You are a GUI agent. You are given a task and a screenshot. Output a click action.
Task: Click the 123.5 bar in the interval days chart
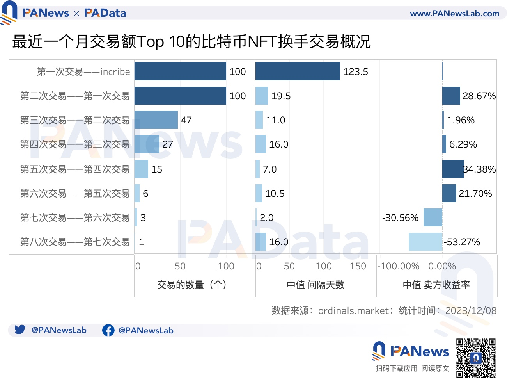pos(298,71)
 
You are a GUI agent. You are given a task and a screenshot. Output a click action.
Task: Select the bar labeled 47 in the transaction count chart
pos(156,120)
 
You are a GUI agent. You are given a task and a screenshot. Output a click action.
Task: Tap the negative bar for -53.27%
pos(425,242)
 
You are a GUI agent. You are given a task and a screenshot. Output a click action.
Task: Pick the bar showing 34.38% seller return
pos(453,169)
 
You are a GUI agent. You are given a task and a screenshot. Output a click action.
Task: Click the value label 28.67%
pos(479,96)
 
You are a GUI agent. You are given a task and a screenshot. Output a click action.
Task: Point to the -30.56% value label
pos(400,218)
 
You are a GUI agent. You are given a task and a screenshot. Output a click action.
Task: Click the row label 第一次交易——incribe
pos(83,72)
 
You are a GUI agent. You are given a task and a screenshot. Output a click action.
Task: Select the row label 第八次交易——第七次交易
pos(75,242)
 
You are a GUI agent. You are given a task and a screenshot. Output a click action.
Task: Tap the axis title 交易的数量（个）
pos(191,285)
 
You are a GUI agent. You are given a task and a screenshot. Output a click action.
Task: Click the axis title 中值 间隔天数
pos(315,285)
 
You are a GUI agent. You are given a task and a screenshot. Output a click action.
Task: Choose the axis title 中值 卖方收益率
pos(436,285)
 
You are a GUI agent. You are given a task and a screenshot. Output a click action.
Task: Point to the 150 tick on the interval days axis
pos(358,266)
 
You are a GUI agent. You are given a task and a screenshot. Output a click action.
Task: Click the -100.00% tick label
pos(398,266)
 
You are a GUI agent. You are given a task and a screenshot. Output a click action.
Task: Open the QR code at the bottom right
pos(476,358)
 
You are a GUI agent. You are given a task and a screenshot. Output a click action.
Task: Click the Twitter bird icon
pos(20,330)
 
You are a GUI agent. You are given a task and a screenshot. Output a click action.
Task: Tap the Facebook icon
pos(108,330)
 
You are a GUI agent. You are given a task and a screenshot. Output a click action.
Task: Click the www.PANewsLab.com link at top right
pos(454,14)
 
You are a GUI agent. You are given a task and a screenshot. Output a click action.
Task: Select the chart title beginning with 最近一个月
pos(191,41)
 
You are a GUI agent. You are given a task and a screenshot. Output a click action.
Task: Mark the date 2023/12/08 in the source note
pos(471,311)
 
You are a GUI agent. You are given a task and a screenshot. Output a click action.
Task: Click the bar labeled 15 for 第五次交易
pos(141,169)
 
